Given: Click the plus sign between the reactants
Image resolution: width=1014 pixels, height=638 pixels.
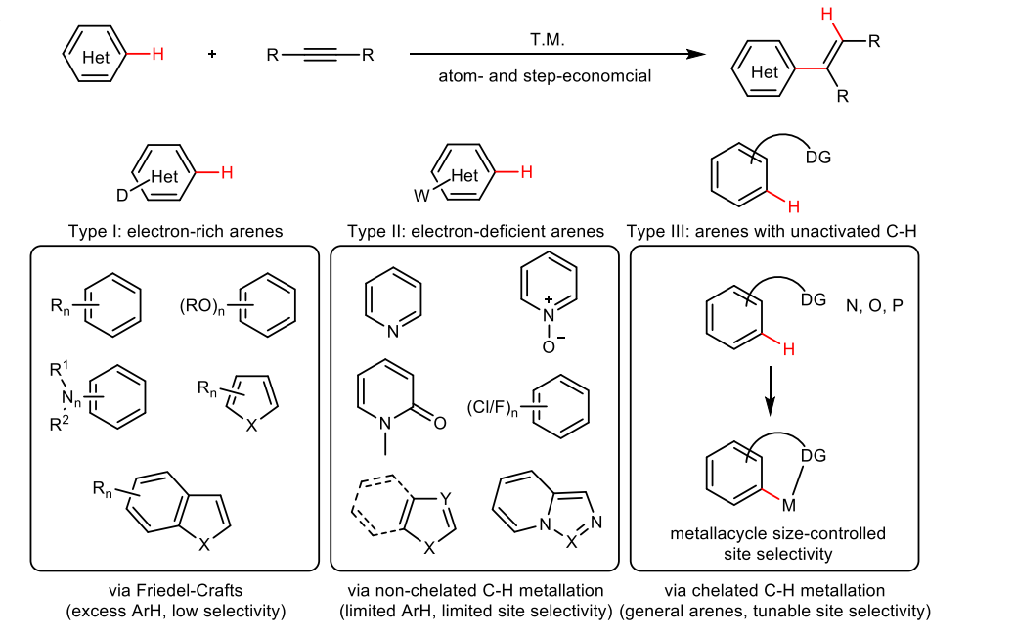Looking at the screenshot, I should (x=211, y=55).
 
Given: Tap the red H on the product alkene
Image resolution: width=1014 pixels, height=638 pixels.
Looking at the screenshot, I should (x=827, y=15).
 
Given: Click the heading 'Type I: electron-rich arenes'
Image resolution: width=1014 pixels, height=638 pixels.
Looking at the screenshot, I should (x=175, y=232).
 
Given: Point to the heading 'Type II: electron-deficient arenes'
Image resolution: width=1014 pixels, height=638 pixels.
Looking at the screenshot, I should (x=475, y=232).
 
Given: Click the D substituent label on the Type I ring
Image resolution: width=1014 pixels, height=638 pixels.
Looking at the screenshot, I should (x=123, y=196).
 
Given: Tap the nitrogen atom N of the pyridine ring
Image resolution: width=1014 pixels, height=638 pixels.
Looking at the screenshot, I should (x=392, y=331).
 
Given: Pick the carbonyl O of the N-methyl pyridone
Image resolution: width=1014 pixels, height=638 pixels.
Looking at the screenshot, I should (x=439, y=423).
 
